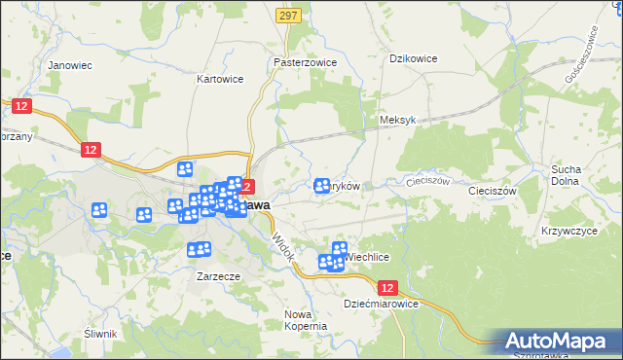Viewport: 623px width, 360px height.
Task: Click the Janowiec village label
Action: (69, 66)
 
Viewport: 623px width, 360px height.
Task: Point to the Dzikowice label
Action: (413, 58)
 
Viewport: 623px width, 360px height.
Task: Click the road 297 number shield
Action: (287, 17)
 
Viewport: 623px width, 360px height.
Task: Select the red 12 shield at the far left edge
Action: (20, 104)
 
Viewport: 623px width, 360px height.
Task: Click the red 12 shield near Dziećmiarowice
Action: (388, 288)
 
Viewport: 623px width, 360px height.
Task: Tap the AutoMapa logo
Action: (559, 342)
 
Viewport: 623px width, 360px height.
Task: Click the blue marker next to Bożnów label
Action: (322, 185)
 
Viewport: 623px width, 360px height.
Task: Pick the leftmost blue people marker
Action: (99, 209)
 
